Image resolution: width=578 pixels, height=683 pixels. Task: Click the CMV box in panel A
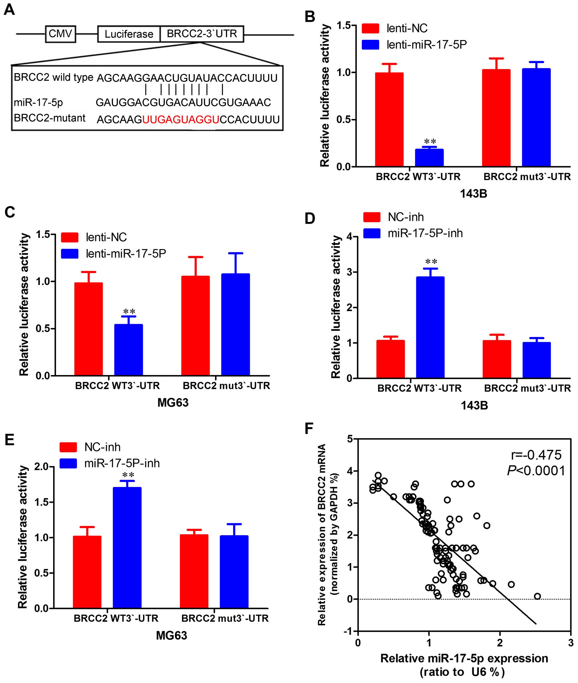coord(60,34)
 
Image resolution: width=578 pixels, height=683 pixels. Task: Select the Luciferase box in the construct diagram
coord(129,34)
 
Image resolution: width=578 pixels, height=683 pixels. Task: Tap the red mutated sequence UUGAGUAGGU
coord(181,120)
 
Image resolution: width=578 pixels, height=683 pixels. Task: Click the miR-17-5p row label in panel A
coord(38,102)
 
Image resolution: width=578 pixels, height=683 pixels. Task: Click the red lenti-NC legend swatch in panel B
coord(370,28)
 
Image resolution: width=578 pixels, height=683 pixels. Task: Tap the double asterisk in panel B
coord(430,142)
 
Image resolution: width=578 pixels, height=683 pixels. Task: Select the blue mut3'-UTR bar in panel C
coord(235,324)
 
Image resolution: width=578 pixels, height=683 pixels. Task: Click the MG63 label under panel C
coord(173,403)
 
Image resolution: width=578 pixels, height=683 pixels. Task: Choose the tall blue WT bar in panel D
coord(430,327)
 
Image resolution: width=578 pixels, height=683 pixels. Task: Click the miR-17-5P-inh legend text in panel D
coord(425,233)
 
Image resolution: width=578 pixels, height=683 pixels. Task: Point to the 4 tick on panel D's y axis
coord(349,236)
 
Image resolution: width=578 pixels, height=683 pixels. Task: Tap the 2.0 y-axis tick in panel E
coord(42,466)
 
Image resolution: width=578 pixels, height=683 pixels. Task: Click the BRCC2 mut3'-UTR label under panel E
coord(225,618)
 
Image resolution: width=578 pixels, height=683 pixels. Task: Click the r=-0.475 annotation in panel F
coord(536,455)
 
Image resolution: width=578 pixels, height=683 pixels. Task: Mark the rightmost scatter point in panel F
coord(537,596)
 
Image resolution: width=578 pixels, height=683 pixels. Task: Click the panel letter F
coord(309,428)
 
